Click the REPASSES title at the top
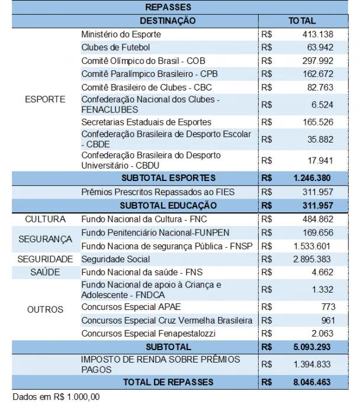(168, 8)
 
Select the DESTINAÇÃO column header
(168, 21)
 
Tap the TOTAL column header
(302, 21)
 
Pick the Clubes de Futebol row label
(115, 47)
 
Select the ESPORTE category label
(45, 99)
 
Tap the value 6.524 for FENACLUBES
(322, 105)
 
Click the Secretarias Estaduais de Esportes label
(146, 122)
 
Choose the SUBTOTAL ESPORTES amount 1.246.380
(311, 177)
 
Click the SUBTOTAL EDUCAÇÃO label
(168, 205)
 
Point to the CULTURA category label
(45, 219)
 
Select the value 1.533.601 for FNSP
(311, 246)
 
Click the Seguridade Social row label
(115, 259)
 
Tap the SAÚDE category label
(45, 273)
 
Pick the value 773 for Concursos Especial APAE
(327, 307)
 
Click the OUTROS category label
(45, 309)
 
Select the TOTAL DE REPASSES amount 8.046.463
(311, 382)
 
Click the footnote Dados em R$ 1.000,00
(56, 396)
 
